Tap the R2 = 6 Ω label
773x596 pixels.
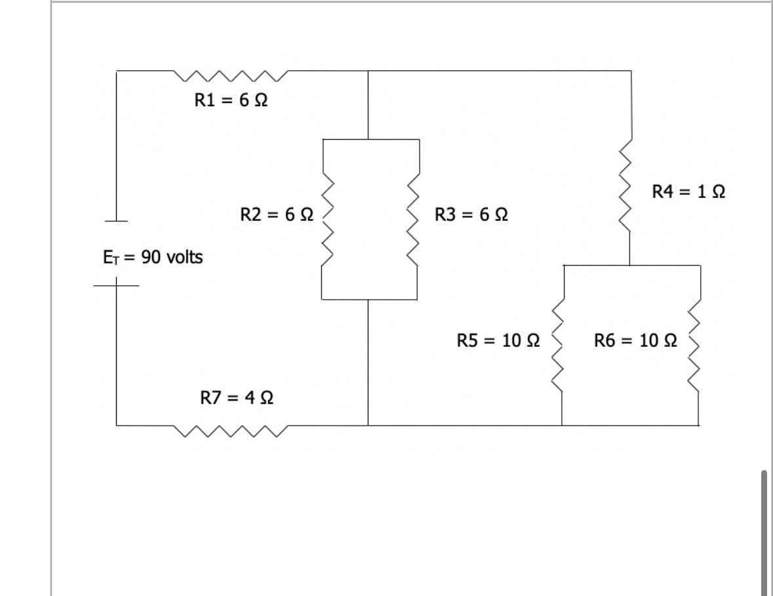click(276, 214)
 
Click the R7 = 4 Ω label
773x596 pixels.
click(235, 397)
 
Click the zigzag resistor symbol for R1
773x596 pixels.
click(231, 77)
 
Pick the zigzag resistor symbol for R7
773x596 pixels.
click(231, 431)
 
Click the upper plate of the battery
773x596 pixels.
click(117, 220)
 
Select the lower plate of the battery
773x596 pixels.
click(117, 286)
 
